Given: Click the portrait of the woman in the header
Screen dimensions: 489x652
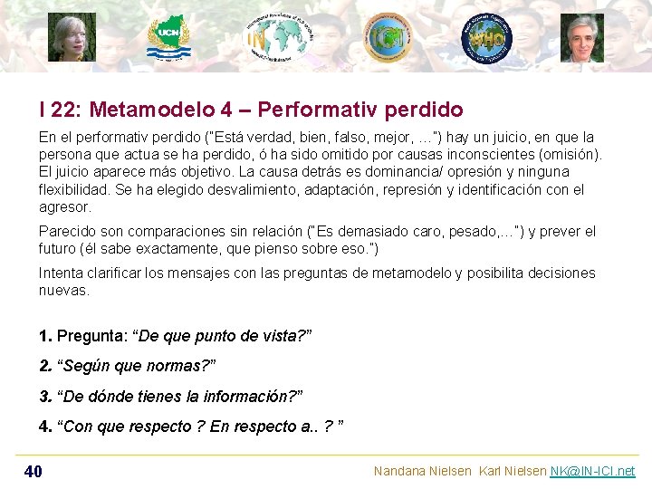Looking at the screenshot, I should pos(72,38).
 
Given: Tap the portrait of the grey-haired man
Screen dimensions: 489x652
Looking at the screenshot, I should pos(581,38).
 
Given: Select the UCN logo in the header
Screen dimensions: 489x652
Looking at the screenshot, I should pos(169,38).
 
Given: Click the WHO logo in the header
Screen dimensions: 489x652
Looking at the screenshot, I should pos(487,39).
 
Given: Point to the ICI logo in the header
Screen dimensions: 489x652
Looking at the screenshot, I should pos(388,37).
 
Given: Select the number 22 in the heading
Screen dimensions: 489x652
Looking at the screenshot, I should pos(64,110).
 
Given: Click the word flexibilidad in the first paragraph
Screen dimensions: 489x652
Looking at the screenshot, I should pos(76,189).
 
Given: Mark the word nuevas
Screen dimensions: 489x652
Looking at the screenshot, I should pos(64,291).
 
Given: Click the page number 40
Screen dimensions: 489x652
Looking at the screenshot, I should pos(33,471).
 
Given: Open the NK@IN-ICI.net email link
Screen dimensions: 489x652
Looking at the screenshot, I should pos(592,471).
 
